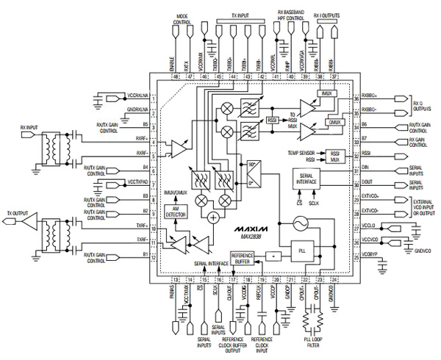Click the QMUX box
(336, 122)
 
